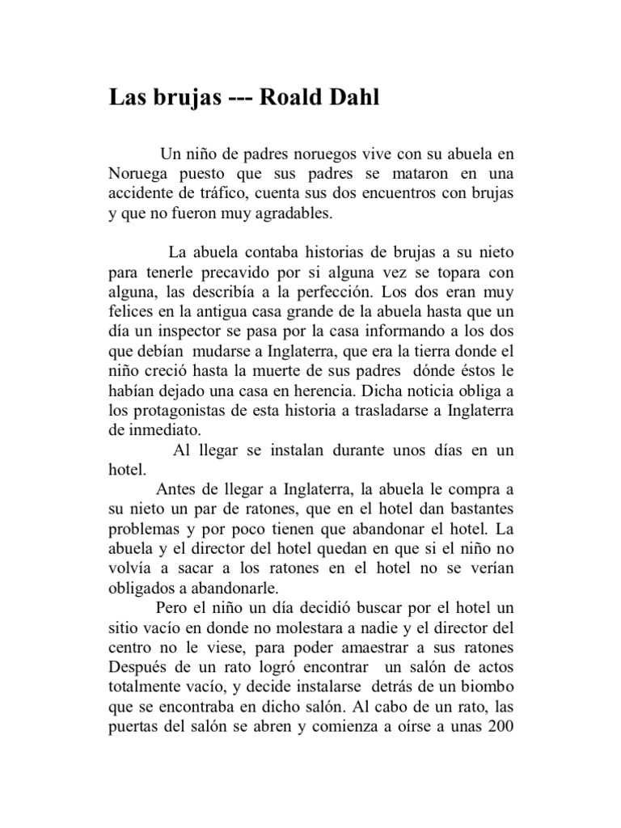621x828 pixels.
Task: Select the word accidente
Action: (x=139, y=195)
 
